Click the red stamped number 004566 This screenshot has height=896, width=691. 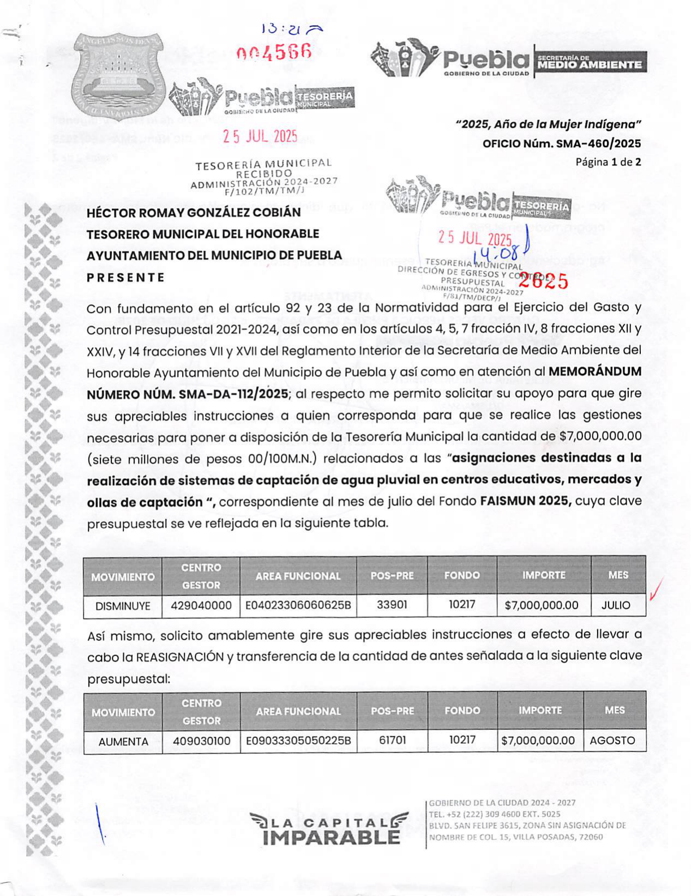[274, 52]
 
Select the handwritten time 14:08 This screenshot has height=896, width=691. [496, 254]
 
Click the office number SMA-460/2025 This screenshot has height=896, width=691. [562, 144]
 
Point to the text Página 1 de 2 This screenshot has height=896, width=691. [608, 162]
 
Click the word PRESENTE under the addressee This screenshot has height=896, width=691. [125, 278]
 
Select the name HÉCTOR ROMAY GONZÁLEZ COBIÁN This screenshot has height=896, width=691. [194, 213]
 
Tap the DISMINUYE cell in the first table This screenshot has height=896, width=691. [123, 606]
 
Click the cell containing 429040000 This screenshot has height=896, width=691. [201, 606]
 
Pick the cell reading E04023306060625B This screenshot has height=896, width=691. [298, 605]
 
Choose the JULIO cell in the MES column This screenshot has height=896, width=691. [615, 605]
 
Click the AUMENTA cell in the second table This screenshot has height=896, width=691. [123, 742]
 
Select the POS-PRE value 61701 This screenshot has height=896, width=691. [392, 741]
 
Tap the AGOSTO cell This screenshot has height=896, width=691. [612, 741]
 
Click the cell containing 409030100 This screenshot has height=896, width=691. [202, 741]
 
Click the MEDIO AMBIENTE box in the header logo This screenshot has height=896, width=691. [590, 63]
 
